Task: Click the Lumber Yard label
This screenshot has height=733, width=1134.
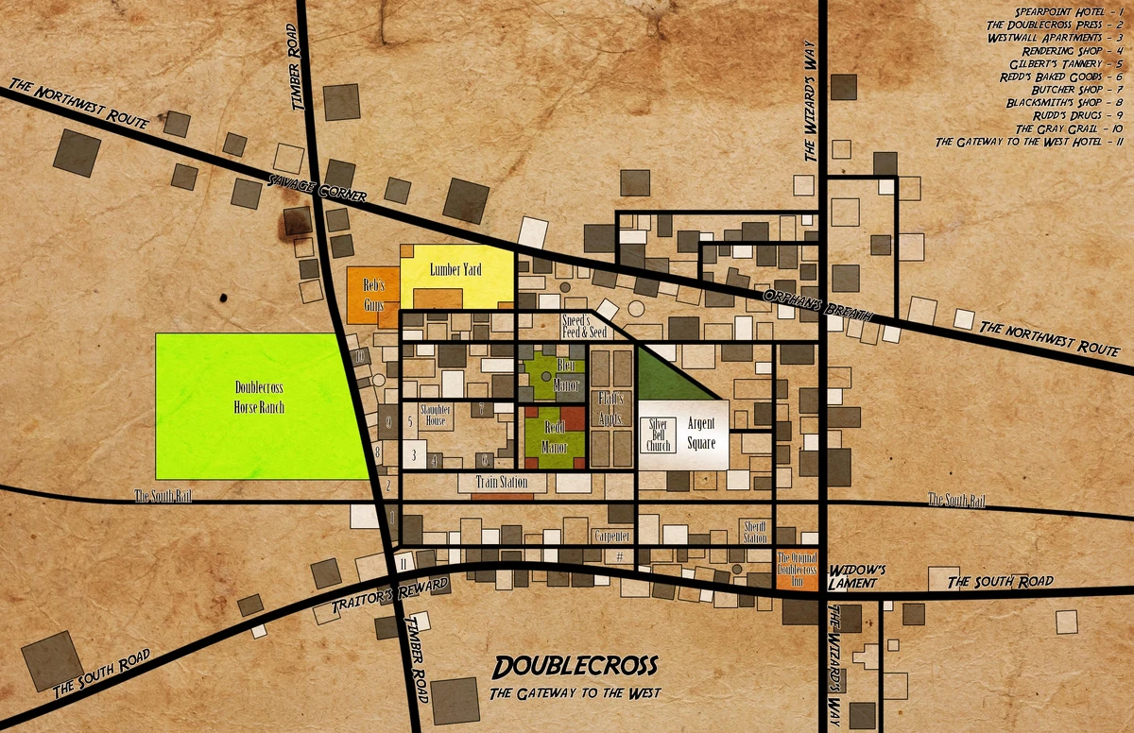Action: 455,270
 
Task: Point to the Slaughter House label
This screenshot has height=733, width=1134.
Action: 435,415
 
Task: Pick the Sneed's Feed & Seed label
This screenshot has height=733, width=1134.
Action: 583,326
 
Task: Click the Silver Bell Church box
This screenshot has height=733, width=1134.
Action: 658,435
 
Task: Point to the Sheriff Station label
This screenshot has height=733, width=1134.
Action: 755,531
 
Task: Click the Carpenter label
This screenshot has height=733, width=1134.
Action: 611,536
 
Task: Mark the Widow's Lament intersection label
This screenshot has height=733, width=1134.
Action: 856,577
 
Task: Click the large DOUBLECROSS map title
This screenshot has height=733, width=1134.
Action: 576,666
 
